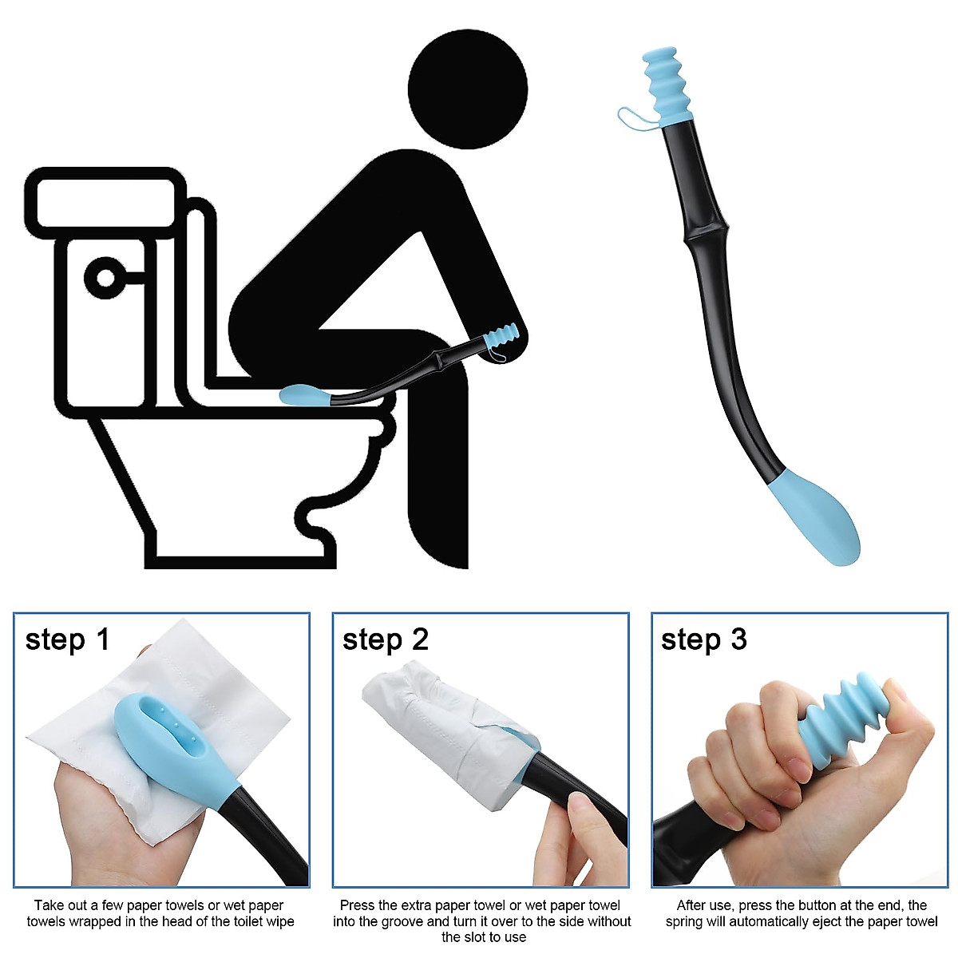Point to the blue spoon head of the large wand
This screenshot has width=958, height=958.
(x=818, y=516)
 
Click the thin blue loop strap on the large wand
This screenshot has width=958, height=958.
(x=635, y=118)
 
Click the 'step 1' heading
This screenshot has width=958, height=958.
(x=67, y=639)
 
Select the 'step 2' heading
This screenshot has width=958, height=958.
(x=386, y=639)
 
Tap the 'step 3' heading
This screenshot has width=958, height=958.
(x=704, y=639)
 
